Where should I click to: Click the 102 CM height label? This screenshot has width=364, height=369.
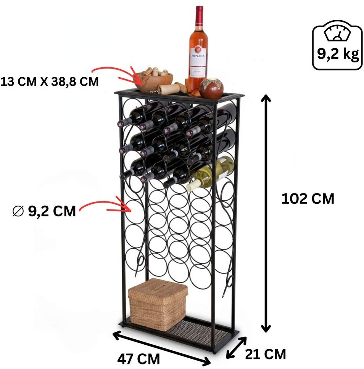[308, 199]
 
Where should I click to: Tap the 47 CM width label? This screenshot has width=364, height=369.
[138, 359]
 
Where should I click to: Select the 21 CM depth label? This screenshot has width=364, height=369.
[266, 355]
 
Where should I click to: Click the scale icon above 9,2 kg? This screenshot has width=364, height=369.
[337, 34]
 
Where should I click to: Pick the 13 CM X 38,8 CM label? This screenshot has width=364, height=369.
[50, 81]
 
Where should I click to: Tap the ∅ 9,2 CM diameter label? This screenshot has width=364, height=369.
[44, 211]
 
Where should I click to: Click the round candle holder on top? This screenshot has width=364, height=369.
[211, 89]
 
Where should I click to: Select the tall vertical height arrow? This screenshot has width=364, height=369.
[266, 213]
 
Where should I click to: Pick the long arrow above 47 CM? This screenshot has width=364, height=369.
[162, 347]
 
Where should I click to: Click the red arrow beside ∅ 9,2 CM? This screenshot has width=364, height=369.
[105, 206]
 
